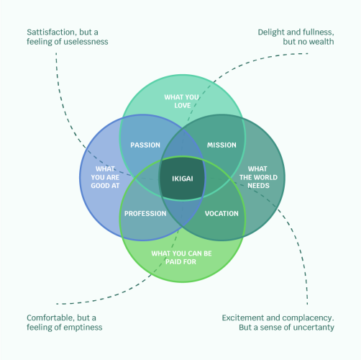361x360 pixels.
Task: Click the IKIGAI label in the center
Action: pos(183,179)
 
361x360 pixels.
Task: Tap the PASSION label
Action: pos(145,145)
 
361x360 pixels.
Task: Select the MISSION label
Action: pos(221,145)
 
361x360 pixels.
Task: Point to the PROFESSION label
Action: pos(145,213)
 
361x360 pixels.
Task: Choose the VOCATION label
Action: pos(221,213)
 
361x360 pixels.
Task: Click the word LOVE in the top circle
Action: pos(183,105)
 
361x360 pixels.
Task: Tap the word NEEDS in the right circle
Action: pos(258,186)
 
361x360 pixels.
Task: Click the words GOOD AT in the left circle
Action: pos(105,186)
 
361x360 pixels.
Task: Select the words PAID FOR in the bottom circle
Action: pos(180,261)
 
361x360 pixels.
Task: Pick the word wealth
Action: pos(321,42)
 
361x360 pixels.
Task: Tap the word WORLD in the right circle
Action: pos(267,177)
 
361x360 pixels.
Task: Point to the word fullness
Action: pos(318,32)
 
